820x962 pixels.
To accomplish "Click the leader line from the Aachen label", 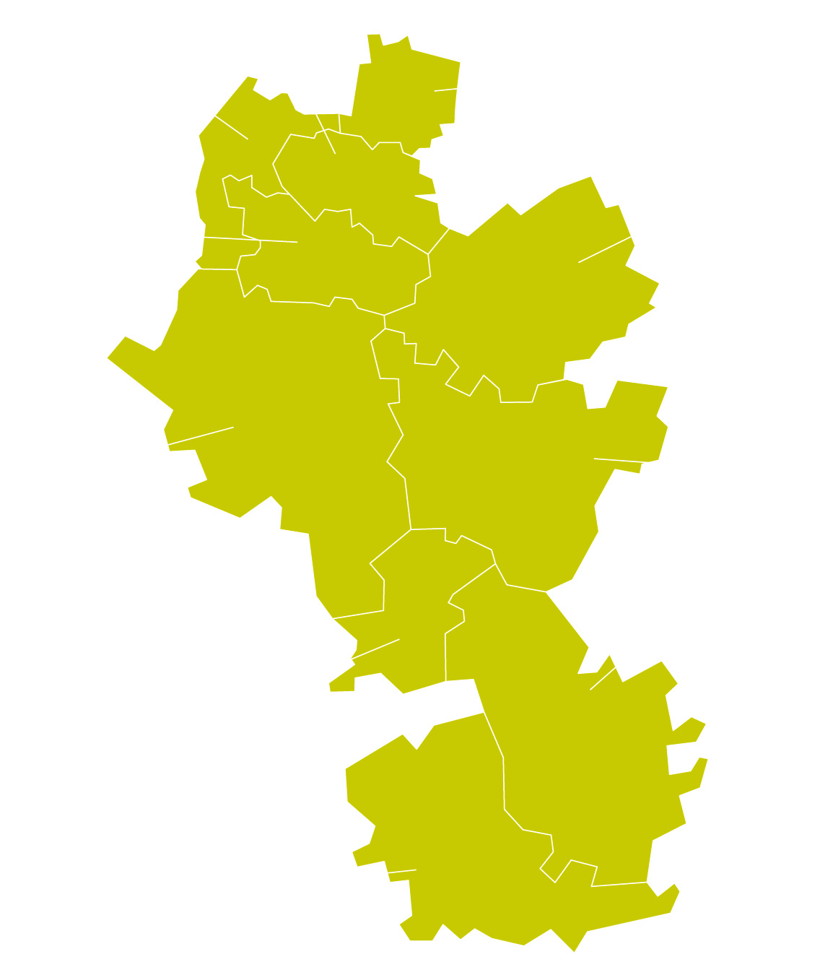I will pos(178,442).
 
